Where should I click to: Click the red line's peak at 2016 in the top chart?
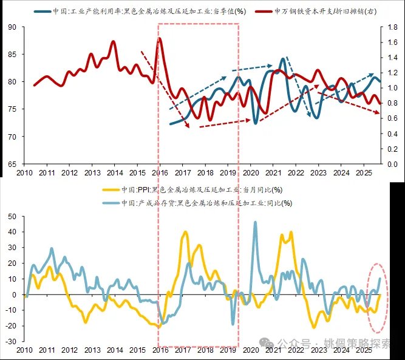click(160, 38)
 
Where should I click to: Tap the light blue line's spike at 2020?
click(254, 222)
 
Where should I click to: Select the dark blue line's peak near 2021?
click(283, 59)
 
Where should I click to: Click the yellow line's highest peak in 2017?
click(185, 232)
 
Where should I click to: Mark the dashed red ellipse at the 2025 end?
click(378, 297)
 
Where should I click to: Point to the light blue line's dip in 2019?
click(233, 324)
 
